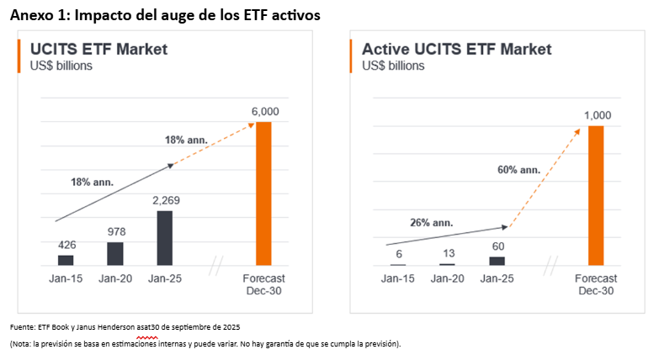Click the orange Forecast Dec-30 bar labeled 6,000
coord(263,193)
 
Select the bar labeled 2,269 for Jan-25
coord(165,238)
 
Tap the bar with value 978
coord(114,253)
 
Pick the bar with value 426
coord(66,260)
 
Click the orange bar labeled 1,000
coord(597,195)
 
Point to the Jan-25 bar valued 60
coord(497,261)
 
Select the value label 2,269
coord(166,200)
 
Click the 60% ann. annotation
coord(519,170)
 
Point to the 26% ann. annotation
coord(432,223)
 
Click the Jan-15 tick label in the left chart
coord(65,278)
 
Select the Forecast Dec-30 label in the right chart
coord(596,283)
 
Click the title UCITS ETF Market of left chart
coord(98,49)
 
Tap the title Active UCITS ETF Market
coord(456,49)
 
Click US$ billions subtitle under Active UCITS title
coord(393,66)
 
